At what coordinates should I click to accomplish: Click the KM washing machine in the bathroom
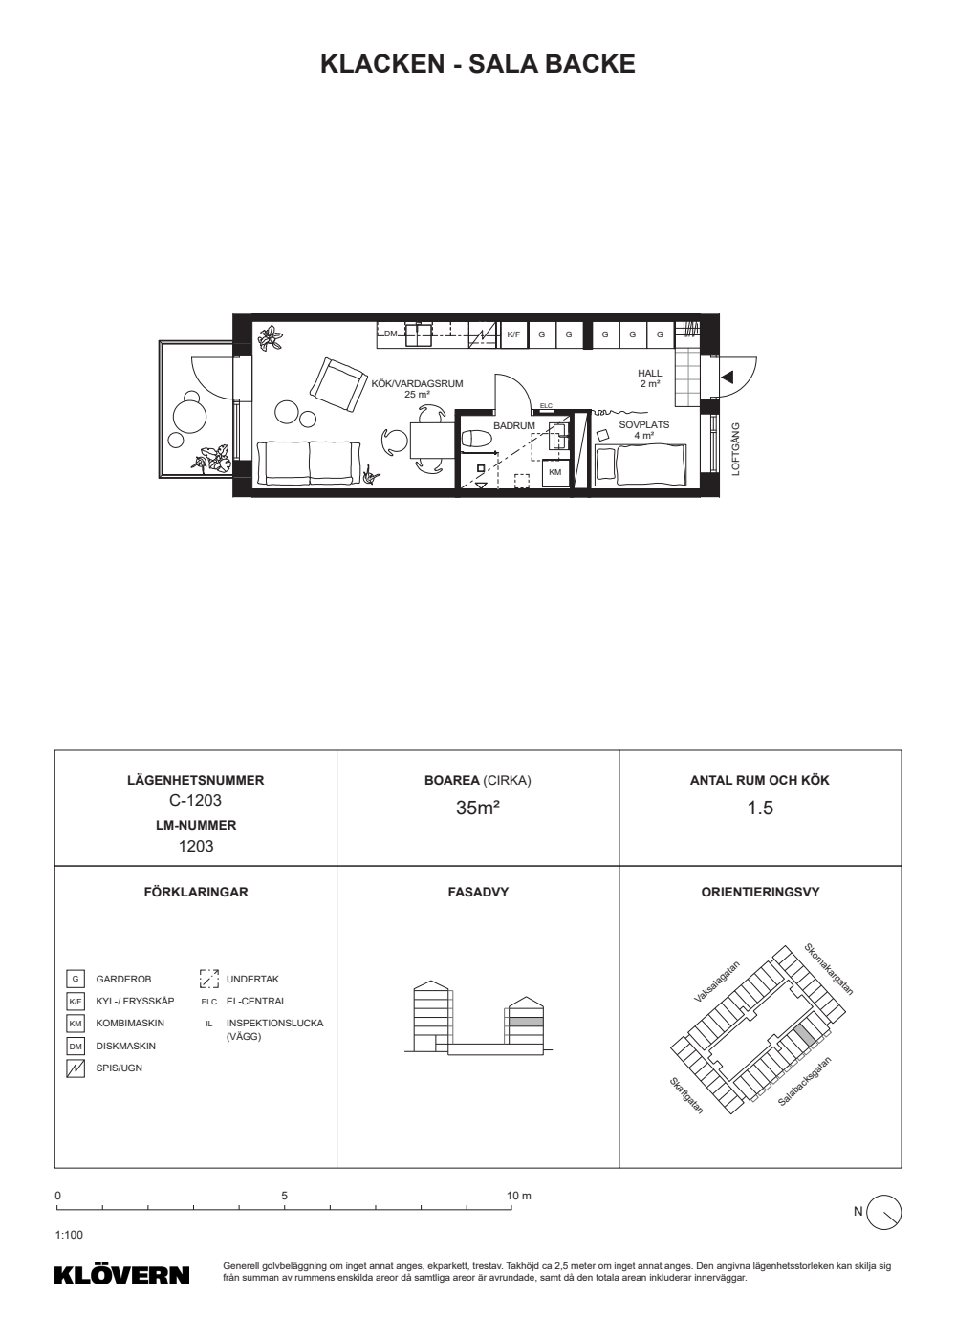coord(555,472)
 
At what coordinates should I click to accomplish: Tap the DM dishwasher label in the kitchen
coord(390,334)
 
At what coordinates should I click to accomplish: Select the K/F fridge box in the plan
coord(513,334)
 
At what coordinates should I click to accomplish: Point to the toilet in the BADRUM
coord(477,440)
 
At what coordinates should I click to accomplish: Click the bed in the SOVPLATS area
coord(641,464)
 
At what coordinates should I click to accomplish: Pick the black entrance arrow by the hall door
coord(728,378)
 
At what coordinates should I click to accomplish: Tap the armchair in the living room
coord(338,384)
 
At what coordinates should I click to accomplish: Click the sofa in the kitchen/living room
coord(309,463)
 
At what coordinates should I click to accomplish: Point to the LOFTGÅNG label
coord(735,449)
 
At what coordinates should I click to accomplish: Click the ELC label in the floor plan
coord(546,405)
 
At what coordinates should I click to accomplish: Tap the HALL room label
coord(649,374)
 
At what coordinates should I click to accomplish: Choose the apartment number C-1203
coord(195,800)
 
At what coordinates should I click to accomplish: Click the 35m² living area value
coord(477,808)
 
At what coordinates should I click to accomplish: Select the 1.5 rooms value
coord(760,808)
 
